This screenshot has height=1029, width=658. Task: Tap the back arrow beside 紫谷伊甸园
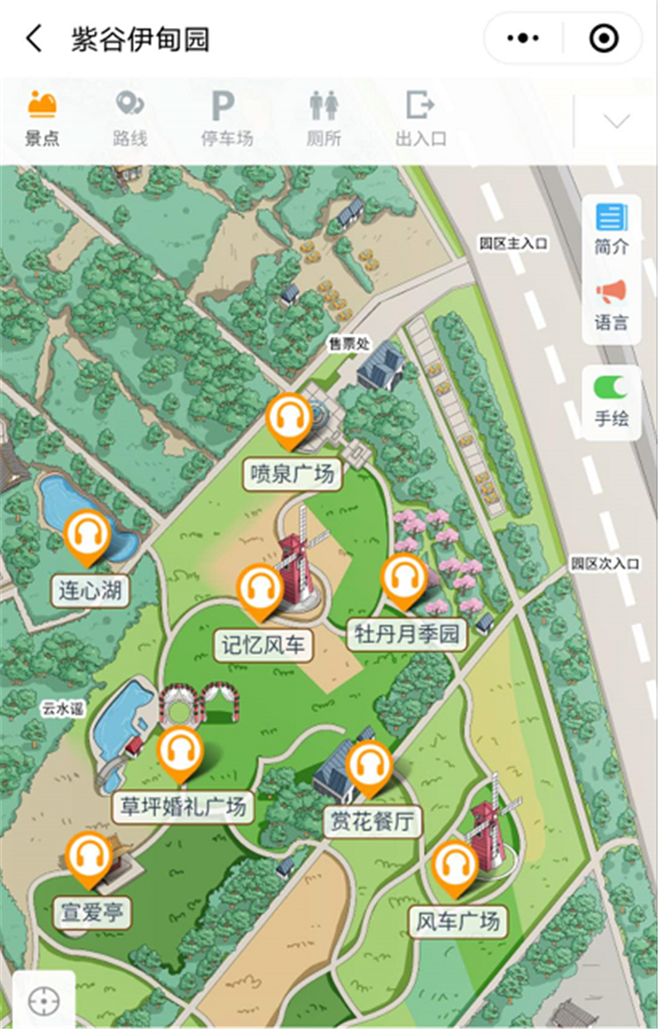(x=34, y=39)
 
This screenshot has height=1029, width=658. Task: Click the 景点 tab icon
(x=42, y=105)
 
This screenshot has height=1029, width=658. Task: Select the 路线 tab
(x=130, y=117)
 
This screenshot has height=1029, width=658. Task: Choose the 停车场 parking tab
(x=225, y=117)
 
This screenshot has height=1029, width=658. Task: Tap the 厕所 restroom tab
(x=323, y=117)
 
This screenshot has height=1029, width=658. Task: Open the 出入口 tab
(x=421, y=117)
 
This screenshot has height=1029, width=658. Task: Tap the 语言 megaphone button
(x=612, y=304)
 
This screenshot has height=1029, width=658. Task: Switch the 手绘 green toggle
(x=611, y=387)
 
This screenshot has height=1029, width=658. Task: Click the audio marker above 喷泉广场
(x=290, y=418)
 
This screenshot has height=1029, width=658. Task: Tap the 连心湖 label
(x=90, y=590)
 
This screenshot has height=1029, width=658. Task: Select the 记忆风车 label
(x=262, y=645)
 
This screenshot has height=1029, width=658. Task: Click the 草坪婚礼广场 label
(x=183, y=806)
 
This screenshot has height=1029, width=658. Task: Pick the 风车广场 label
(x=458, y=921)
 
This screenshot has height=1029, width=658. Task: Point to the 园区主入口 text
(x=513, y=244)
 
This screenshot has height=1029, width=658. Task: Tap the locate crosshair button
(x=43, y=1000)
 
